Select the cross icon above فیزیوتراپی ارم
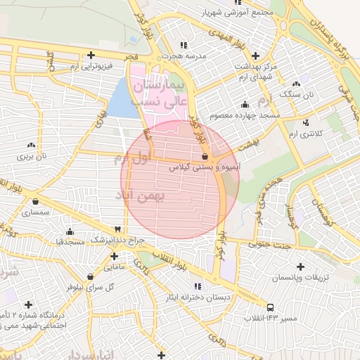[x=91, y=55]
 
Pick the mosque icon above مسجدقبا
[x=70, y=231]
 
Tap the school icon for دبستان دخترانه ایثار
[x=198, y=286]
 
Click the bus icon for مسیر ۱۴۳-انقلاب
[x=270, y=307]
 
